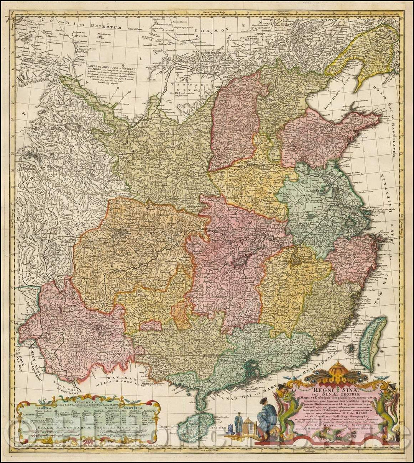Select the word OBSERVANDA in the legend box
click(88, 399)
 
